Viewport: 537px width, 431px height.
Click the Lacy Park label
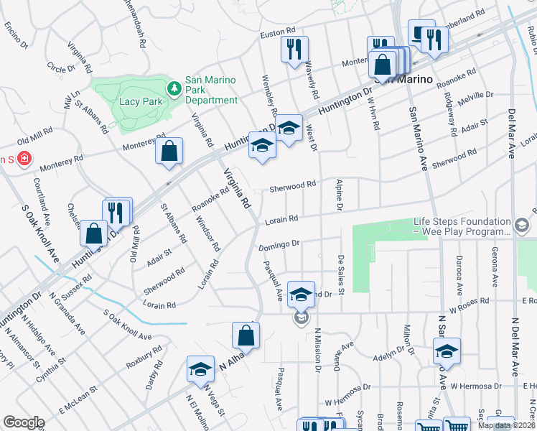(x=142, y=102)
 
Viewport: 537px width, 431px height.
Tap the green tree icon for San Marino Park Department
(x=173, y=88)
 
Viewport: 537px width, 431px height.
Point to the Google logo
(x=24, y=422)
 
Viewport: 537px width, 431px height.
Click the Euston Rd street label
(x=278, y=32)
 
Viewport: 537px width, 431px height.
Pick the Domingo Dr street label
(x=278, y=245)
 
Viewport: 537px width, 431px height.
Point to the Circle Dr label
(x=56, y=66)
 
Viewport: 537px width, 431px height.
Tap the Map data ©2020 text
(x=505, y=425)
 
